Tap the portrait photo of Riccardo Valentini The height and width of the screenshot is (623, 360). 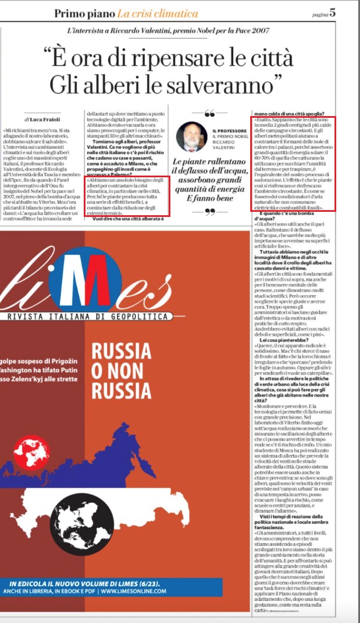pos(192,136)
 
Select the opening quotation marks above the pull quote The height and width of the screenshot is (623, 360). pos(209,113)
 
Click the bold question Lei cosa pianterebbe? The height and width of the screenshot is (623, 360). pos(277,340)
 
